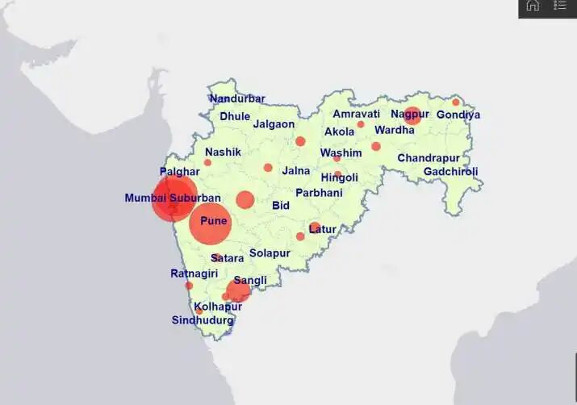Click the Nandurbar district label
[237, 98]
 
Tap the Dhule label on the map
[235, 116]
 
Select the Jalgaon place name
[274, 124]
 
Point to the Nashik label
[223, 152]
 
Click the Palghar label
[179, 172]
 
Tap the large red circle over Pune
[211, 223]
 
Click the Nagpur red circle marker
[412, 115]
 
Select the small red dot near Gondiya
[456, 102]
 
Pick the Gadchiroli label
[450, 172]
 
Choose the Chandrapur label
[429, 158]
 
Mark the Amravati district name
[356, 114]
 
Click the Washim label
[341, 152]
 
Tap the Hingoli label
[339, 177]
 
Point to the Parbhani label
[319, 193]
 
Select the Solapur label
[270, 253]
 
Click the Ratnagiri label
[194, 273]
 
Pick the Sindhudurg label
[203, 320]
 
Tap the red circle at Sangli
[238, 290]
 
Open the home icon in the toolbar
[533, 6]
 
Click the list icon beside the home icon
[560, 6]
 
